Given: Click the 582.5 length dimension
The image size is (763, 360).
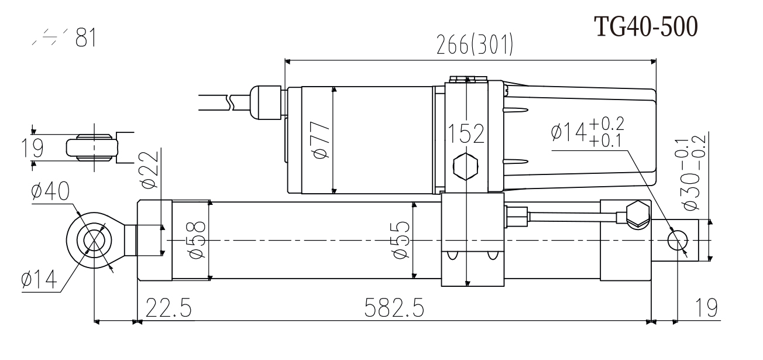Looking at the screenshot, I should point(393,307).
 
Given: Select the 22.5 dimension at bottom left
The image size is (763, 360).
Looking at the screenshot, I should point(169,307).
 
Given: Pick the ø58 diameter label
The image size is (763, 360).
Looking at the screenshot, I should point(198,241).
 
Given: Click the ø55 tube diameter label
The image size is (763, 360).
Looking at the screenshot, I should point(400,241).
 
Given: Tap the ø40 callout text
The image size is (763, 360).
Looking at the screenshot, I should point(51,191).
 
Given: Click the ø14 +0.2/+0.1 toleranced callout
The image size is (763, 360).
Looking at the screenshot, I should point(587,132).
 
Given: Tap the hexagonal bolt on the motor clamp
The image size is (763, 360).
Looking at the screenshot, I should point(466,167).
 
